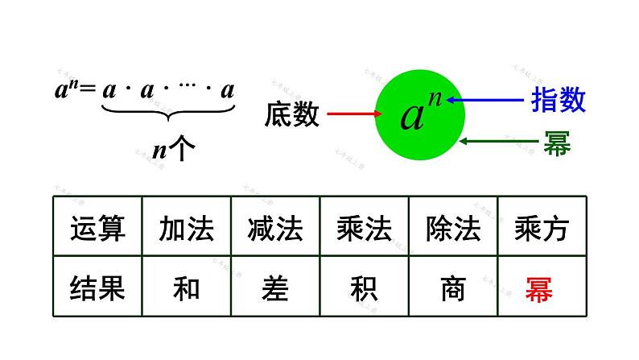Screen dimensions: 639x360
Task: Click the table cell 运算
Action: pos(97,229)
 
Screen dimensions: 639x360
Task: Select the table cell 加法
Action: pos(186,229)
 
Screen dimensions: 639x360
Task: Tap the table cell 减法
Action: pos(274,229)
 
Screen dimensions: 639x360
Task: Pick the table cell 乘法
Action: pos(364,229)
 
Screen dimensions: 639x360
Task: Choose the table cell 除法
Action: pos(452,229)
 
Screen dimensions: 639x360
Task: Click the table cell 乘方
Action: pos(541,229)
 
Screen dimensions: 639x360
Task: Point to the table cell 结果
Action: pos(97,288)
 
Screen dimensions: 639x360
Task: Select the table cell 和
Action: pos(186,288)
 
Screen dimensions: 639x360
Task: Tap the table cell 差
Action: pos(274,288)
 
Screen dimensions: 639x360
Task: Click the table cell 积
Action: pos(364,288)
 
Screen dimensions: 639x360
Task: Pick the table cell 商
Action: pos(452,288)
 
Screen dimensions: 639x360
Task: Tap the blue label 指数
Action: pos(558,100)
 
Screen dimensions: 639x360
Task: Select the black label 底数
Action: pos(291,115)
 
